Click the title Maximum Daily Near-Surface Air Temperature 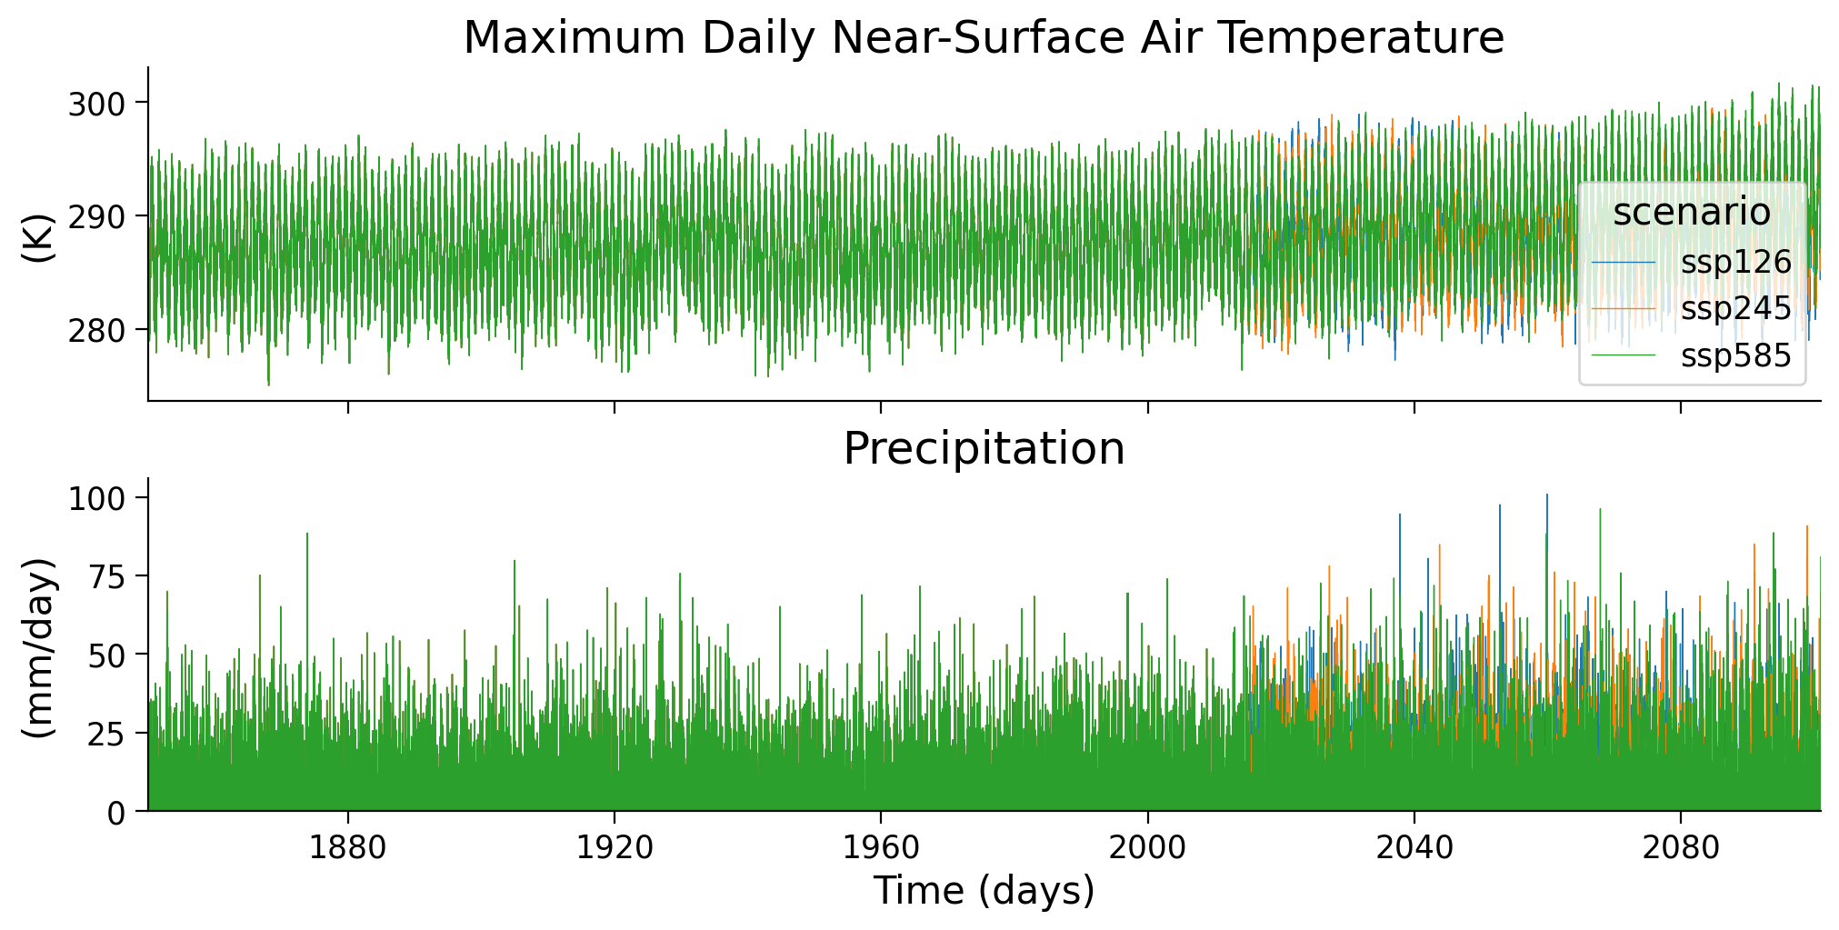point(984,38)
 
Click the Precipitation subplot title point(984,448)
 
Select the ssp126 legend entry point(1734,263)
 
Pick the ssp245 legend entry point(1734,309)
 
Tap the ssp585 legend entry point(1734,355)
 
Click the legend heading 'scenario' point(1691,212)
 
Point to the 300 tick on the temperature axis point(96,105)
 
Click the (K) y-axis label point(38,238)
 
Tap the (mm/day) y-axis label point(38,647)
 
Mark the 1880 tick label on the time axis point(348,848)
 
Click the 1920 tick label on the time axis point(615,848)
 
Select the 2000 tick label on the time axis point(1147,848)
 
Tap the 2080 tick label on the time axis point(1680,848)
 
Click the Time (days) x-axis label point(984,891)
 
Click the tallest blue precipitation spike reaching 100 point(1547,497)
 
